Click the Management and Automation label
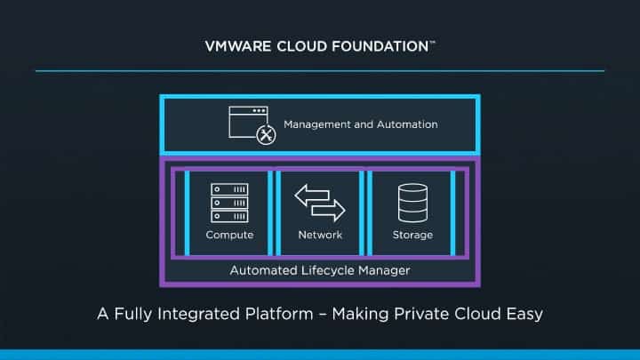pos(360,124)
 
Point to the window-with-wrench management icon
pos(251,124)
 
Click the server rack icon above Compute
pos(229,203)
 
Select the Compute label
pos(229,235)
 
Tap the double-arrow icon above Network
pos(320,203)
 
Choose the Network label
pos(320,235)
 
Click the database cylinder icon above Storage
pos(412,203)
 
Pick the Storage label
pos(412,235)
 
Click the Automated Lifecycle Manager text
pos(320,270)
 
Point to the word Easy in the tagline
pos(524,314)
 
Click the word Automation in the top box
pos(407,124)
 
